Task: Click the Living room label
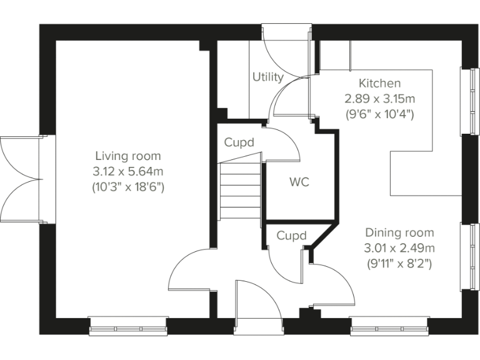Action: [x=127, y=156]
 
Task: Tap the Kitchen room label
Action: [x=379, y=83]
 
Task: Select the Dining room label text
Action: [x=399, y=232]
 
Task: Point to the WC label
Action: [x=299, y=182]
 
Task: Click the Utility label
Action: [x=267, y=77]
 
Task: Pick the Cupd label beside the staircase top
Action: [x=239, y=142]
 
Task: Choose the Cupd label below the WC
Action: [x=292, y=236]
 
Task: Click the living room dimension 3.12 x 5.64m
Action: [x=127, y=171]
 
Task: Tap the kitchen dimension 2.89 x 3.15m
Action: [x=379, y=99]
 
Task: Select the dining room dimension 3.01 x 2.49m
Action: [x=399, y=248]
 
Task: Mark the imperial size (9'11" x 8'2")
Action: [x=399, y=264]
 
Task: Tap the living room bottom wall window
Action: [x=128, y=325]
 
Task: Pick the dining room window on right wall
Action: [x=467, y=256]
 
